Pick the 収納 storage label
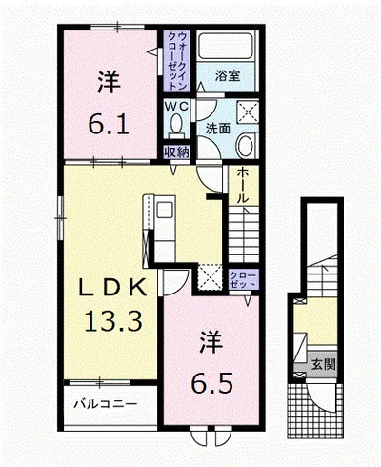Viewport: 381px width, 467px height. (x=176, y=150)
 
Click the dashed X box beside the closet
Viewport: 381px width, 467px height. (x=209, y=277)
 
